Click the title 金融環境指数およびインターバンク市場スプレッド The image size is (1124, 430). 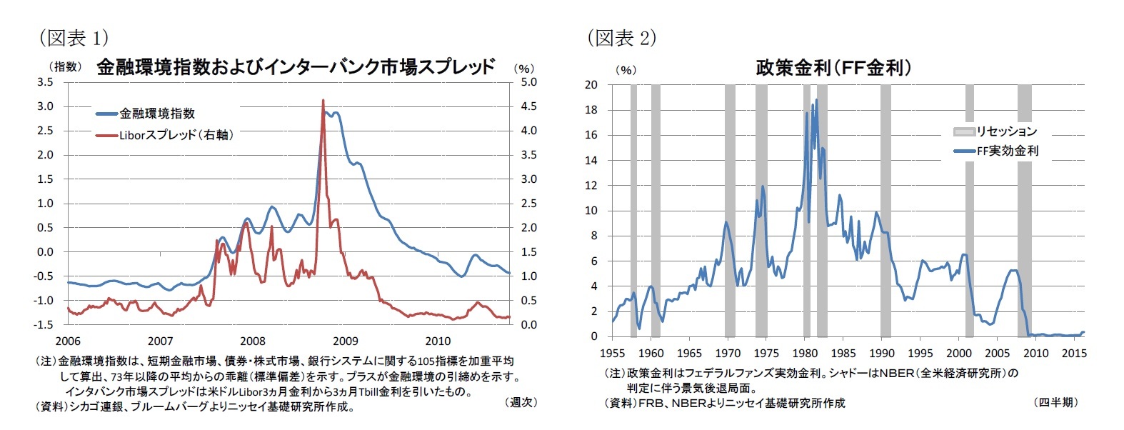(295, 67)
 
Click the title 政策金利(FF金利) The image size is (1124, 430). (833, 68)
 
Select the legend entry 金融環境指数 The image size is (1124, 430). (156, 114)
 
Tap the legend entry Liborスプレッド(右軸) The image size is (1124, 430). (176, 134)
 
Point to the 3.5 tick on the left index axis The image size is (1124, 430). (45, 82)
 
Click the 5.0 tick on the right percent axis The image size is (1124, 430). (528, 82)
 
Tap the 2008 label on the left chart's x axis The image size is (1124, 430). (253, 341)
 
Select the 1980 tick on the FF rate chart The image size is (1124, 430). (805, 353)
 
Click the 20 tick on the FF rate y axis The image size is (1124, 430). (591, 85)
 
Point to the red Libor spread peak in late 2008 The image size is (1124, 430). (323, 101)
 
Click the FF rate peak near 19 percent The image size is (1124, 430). (816, 100)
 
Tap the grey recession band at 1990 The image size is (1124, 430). (885, 210)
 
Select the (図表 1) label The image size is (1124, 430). (74, 37)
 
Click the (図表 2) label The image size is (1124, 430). (621, 37)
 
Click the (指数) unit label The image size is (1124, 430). (65, 66)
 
